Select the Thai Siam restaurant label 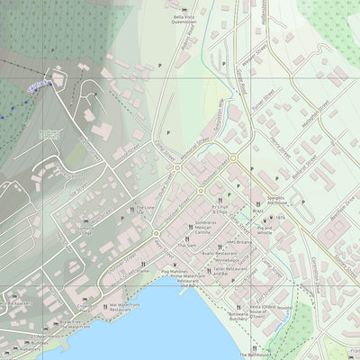[x=186, y=245]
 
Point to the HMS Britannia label [x=240, y=243]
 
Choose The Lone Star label [x=145, y=211]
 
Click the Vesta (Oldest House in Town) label [x=263, y=311]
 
